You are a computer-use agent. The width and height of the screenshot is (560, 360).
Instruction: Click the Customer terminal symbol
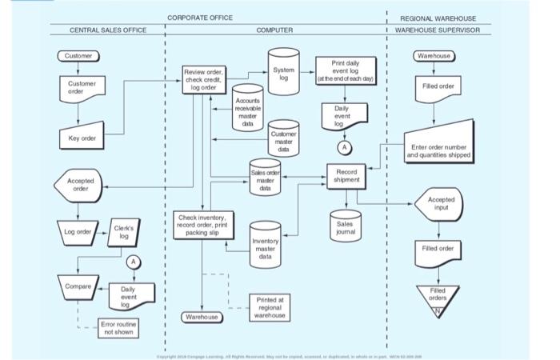[78, 56]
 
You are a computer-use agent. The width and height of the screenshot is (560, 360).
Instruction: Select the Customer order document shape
[82, 87]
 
